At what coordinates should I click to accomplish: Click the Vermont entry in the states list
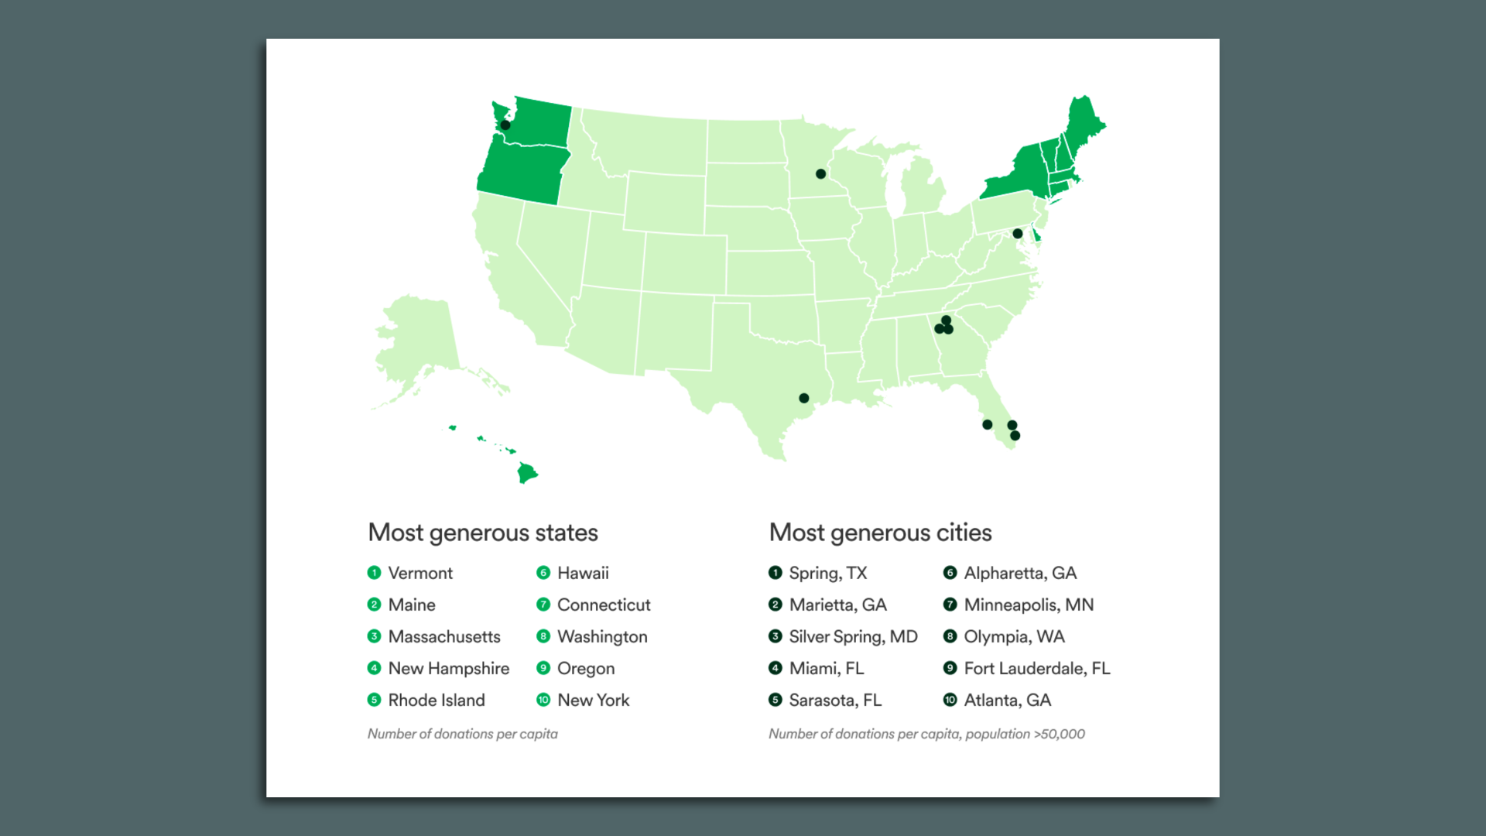pos(419,573)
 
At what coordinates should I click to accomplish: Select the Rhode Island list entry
pos(436,700)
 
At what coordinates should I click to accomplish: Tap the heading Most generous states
pos(483,533)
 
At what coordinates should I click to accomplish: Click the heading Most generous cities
pos(880,533)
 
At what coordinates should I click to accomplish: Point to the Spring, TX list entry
pos(827,573)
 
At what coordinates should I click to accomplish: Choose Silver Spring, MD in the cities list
pos(853,636)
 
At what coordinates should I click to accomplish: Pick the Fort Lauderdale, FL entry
pos(1036,668)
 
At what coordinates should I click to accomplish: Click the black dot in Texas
pos(804,398)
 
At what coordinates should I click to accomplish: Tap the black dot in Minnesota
pos(820,173)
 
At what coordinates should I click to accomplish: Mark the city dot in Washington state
pos(505,125)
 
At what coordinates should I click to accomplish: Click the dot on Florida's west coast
pos(987,424)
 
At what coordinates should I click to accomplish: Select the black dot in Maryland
pos(1018,233)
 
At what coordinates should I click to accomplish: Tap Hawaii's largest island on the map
pos(527,472)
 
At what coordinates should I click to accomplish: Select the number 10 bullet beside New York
pos(543,700)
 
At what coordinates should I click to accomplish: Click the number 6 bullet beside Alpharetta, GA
pos(950,573)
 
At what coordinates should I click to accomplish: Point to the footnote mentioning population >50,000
pos(926,734)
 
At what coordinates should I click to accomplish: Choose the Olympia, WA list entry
pos(1014,636)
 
